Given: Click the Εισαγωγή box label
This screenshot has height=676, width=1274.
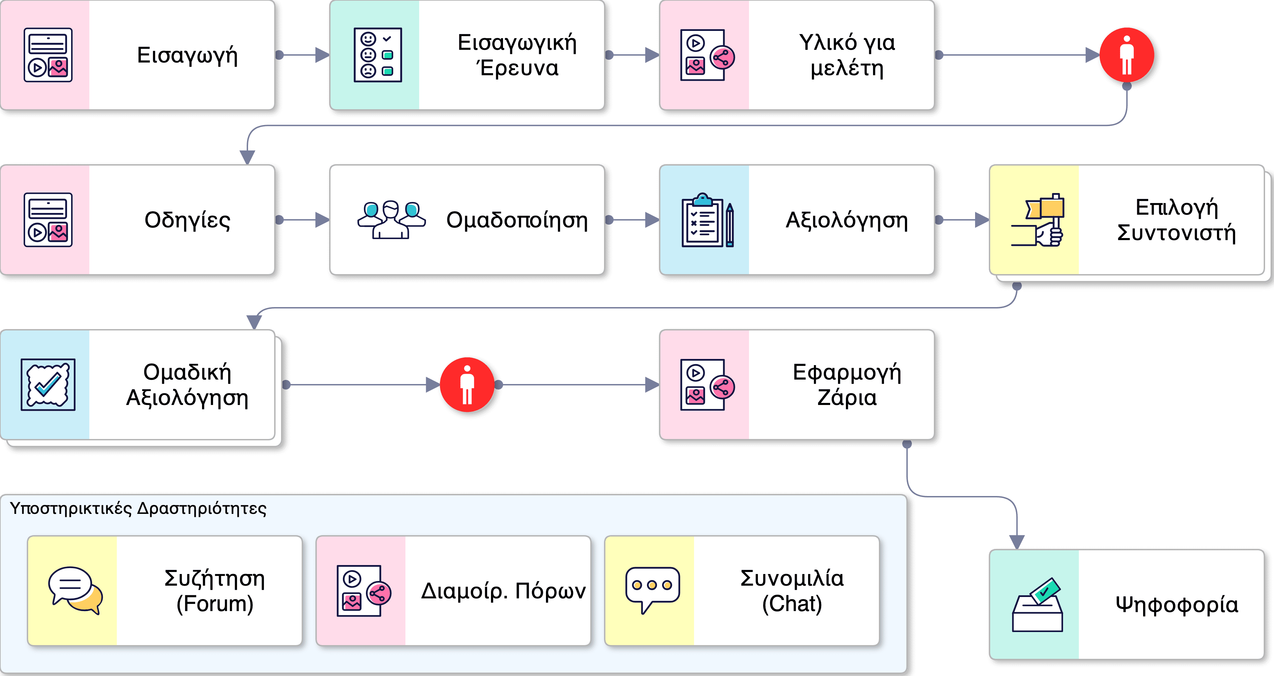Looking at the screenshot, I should (187, 55).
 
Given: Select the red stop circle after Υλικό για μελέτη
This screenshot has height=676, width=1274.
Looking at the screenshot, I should (1127, 55).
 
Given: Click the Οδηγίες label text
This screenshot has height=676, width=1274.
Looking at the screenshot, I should (187, 220).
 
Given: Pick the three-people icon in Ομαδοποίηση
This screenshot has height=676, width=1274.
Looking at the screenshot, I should (391, 220).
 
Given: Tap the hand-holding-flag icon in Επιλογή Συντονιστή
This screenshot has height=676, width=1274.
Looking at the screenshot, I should (1038, 220).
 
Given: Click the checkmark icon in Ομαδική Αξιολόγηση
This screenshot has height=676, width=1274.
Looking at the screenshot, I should (48, 385).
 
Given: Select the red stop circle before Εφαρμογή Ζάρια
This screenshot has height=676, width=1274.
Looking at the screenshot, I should (467, 385).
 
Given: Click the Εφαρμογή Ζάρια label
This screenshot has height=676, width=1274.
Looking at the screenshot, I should (847, 385).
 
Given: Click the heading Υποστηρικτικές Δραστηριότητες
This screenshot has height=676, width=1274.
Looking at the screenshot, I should (138, 508).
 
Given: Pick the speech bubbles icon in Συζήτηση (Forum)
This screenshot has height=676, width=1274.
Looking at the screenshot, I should (75, 590).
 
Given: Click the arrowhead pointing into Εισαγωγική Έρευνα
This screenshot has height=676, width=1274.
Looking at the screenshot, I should (323, 55).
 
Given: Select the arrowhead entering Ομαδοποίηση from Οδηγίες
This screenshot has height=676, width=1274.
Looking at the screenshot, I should (323, 220).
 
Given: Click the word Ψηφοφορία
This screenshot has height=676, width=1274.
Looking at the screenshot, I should (1176, 605).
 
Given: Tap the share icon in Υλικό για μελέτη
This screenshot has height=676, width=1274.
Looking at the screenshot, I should (722, 57).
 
